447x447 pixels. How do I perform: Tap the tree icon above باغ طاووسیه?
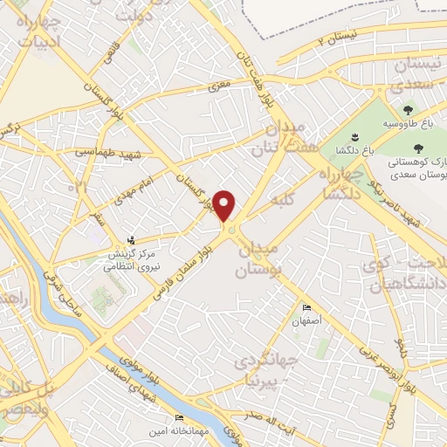(x=408, y=110)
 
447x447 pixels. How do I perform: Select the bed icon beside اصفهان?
(x=306, y=308)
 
